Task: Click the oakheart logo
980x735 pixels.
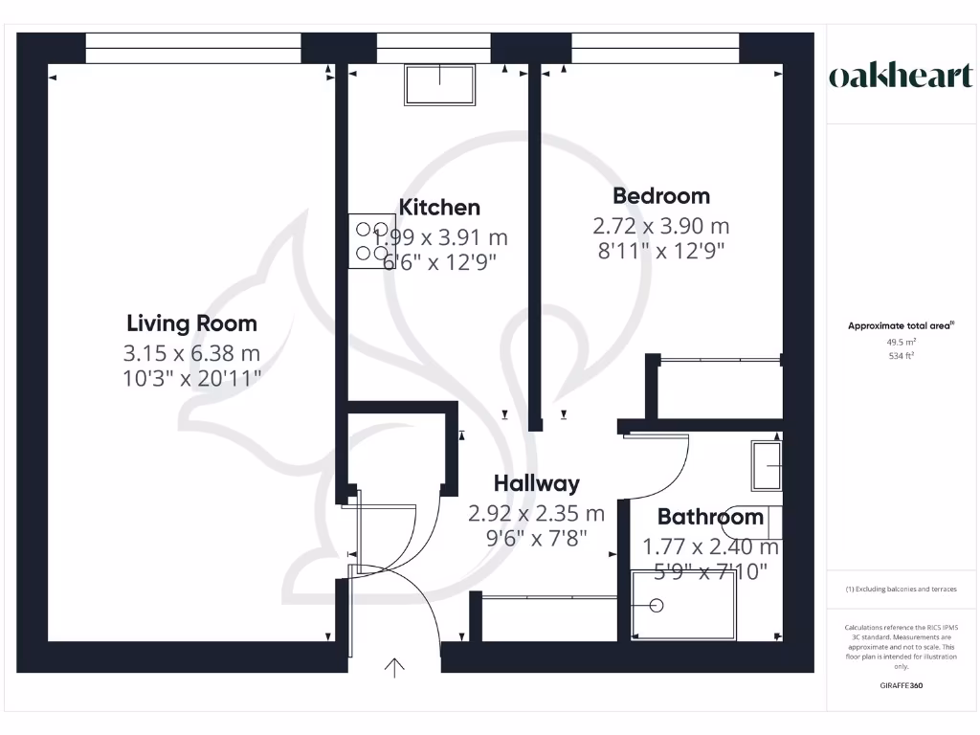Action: (900, 77)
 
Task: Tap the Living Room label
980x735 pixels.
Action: (191, 323)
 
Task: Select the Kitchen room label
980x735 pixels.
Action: (439, 207)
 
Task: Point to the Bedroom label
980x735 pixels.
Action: (661, 196)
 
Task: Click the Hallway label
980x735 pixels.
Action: (536, 484)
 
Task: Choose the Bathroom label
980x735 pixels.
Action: (710, 518)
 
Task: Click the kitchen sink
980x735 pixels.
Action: (439, 85)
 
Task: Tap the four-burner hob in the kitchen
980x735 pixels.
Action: (369, 240)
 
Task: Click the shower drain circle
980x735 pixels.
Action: (657, 605)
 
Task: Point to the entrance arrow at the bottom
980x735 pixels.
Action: (394, 666)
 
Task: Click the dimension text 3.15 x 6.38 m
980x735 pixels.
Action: (192, 352)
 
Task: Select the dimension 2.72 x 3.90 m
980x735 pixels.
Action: (661, 227)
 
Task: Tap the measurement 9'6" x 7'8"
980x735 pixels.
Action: (536, 539)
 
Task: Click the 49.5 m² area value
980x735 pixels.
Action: (900, 342)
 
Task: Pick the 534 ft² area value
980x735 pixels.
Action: (900, 356)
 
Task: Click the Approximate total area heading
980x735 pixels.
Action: (900, 326)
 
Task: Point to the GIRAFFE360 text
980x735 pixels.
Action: (900, 685)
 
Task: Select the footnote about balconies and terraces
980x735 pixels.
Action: (900, 589)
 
